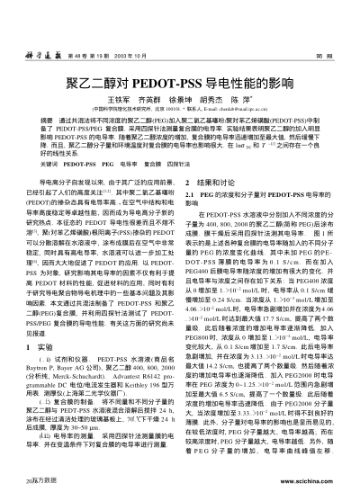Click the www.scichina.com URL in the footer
pyautogui.click(x=322, y=481)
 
